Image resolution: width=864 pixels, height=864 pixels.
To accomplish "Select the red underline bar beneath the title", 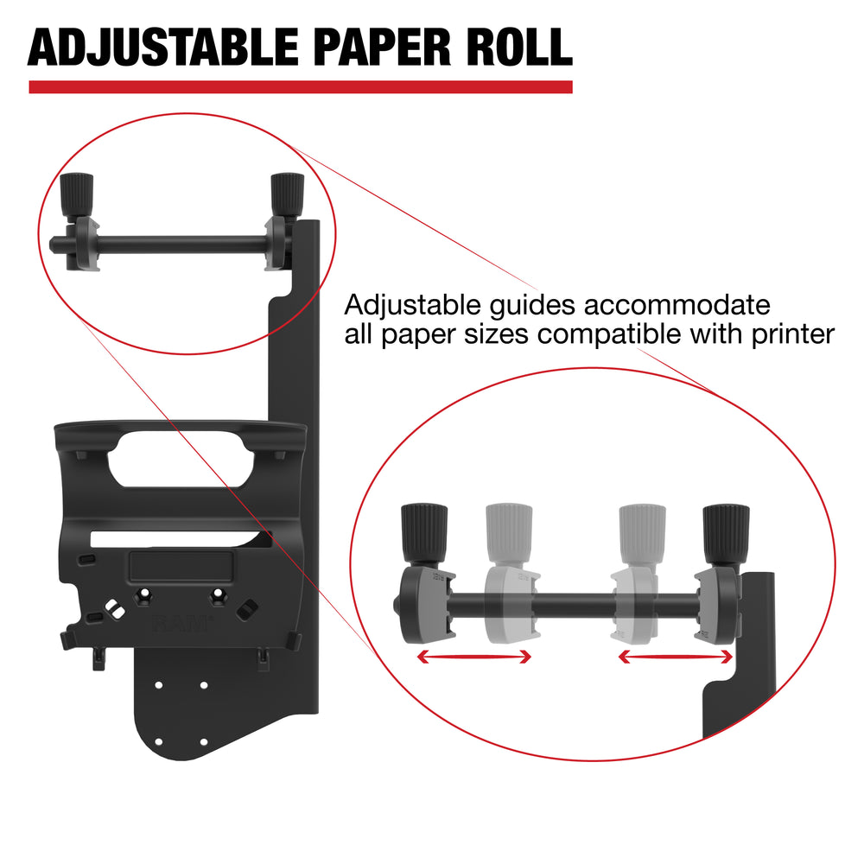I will (x=300, y=86).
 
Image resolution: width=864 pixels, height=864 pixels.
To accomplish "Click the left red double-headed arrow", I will (x=473, y=658).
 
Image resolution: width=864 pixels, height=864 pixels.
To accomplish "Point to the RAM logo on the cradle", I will (x=182, y=623).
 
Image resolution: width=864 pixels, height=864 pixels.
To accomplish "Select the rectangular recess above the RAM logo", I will (x=181, y=568).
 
